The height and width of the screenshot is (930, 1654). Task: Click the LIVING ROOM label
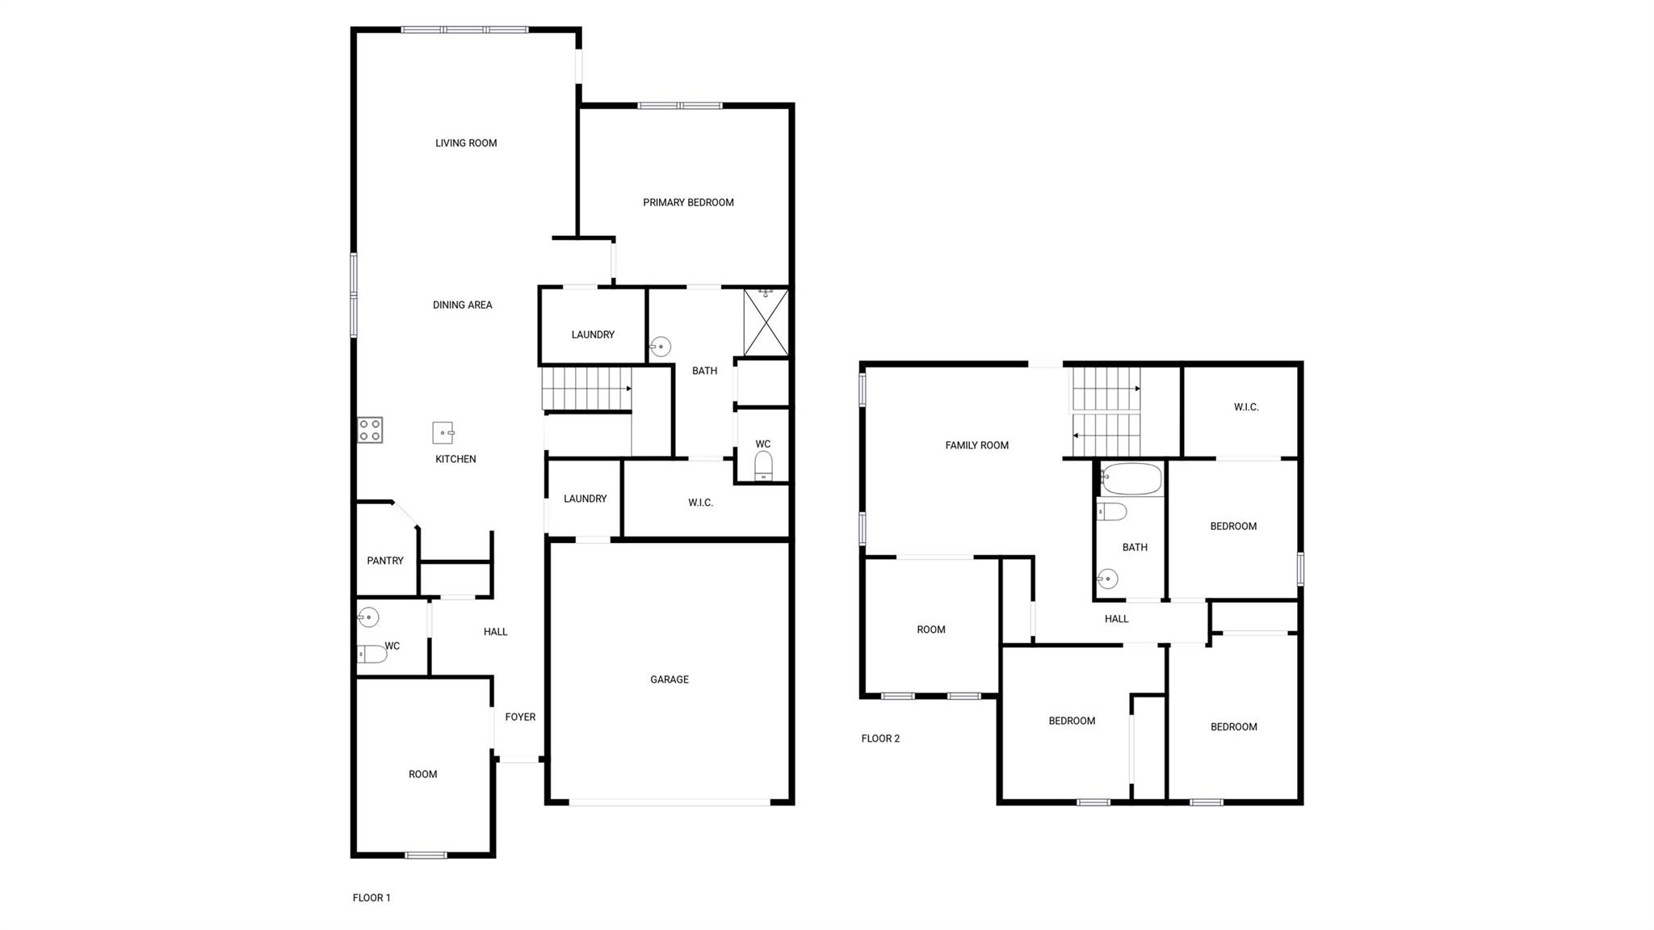tap(466, 143)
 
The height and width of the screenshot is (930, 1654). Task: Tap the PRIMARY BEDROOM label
tap(688, 203)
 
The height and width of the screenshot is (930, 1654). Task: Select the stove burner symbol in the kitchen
tap(370, 430)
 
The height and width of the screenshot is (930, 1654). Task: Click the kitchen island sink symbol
tap(443, 433)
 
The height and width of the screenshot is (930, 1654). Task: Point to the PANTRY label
tap(385, 561)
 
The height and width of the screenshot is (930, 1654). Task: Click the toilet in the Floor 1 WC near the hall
tap(373, 654)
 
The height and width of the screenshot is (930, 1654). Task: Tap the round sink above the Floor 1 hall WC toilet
tap(368, 618)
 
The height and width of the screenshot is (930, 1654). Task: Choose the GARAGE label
tap(670, 680)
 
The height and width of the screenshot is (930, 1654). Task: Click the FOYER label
tap(520, 717)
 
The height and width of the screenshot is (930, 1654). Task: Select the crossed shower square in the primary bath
tap(766, 322)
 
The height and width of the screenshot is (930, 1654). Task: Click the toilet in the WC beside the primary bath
tap(763, 466)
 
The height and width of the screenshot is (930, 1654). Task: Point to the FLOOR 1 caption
tap(372, 898)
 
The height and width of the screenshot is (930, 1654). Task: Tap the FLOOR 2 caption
tap(880, 739)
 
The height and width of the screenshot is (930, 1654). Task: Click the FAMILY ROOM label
tap(976, 445)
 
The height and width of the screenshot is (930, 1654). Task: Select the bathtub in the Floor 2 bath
tap(1131, 479)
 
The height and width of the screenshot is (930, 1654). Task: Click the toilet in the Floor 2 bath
tap(1112, 511)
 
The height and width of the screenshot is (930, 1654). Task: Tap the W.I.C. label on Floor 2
tap(1246, 407)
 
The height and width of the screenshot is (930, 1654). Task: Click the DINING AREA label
tap(462, 305)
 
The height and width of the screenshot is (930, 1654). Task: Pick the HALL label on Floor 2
tap(1116, 619)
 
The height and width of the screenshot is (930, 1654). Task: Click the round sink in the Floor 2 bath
tap(1108, 579)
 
